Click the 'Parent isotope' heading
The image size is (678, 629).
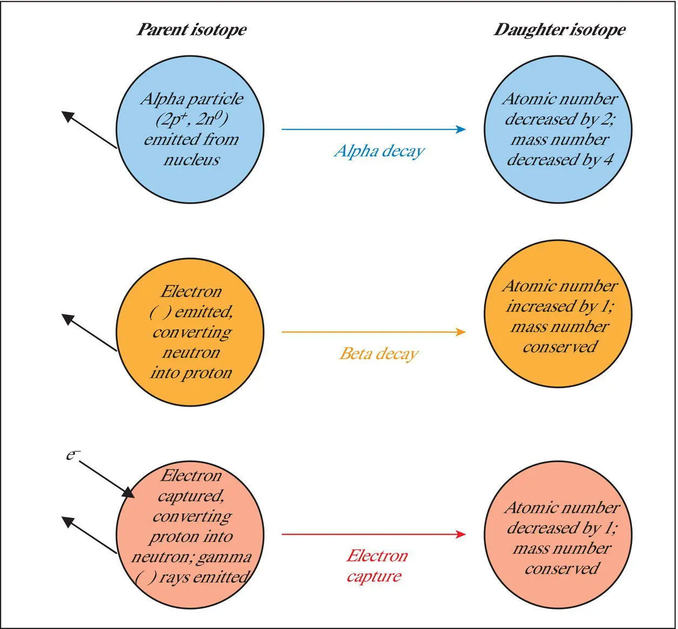point(191,30)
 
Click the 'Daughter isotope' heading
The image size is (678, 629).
point(559,30)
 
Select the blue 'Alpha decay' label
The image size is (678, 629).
point(379,151)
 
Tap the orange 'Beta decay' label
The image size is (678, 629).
point(379,354)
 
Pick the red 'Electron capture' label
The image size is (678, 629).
point(376,566)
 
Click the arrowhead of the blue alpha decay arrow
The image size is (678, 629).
point(461,129)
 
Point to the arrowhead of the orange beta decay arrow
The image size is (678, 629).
point(461,332)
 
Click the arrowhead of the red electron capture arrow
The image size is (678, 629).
point(461,534)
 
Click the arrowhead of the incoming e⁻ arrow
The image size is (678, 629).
point(128,493)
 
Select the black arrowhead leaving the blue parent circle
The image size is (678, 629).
point(68,115)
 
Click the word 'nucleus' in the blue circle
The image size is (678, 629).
point(191,160)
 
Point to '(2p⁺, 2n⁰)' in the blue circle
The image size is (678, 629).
point(191,119)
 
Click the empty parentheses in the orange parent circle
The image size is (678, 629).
point(157,312)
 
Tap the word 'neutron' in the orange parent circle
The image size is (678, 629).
point(191,353)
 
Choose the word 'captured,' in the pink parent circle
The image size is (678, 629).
point(191,496)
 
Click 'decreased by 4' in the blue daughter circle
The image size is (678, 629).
point(559,160)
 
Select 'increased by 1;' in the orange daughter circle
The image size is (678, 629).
point(560,307)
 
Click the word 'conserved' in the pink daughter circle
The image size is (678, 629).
point(562,569)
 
